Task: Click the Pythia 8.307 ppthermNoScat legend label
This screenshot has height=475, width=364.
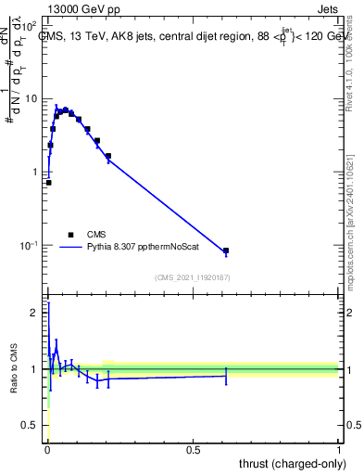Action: [x=148, y=248]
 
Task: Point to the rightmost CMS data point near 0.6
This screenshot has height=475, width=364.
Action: [x=226, y=250]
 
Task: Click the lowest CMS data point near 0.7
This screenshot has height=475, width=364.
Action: [x=48, y=183]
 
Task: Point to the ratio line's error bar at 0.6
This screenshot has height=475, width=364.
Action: [x=226, y=375]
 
